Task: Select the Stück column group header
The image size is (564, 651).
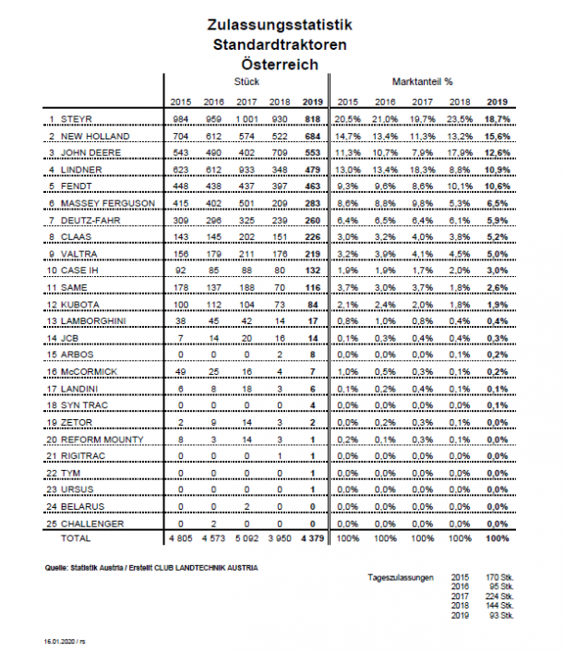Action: (x=247, y=83)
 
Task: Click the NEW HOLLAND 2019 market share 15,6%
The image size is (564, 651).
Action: (x=497, y=136)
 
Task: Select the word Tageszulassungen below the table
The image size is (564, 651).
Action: (x=402, y=577)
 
